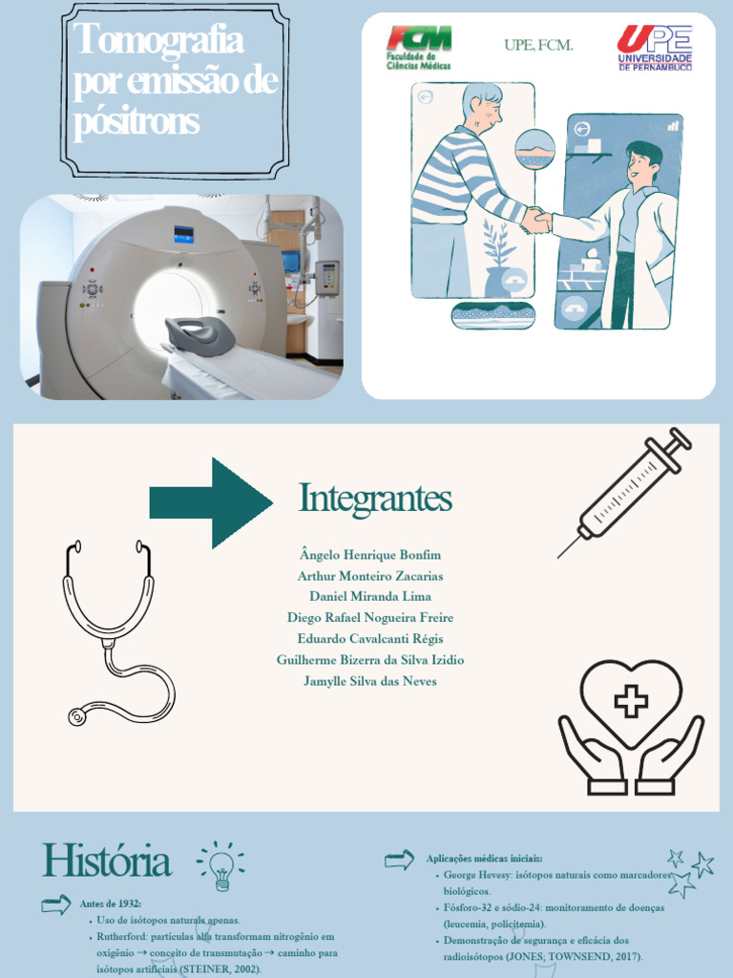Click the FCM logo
pos(419,48)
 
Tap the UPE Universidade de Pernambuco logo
pos(655,48)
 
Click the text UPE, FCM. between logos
pos(538,45)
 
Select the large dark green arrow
pos(211,502)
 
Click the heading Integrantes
pos(375,499)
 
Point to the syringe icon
pos(624,492)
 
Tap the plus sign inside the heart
pos(631,701)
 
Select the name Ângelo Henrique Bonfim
pos(370,555)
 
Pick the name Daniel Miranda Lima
pos(370,596)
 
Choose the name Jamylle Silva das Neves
pos(370,681)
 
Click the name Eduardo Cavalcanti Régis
pos(370,639)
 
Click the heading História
pos(107,861)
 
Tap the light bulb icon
pos(220,865)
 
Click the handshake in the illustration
pos(536,221)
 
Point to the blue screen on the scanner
pos(183,235)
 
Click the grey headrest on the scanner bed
pos(200,333)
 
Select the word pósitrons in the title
pos(136,121)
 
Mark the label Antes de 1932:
pos(111,904)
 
